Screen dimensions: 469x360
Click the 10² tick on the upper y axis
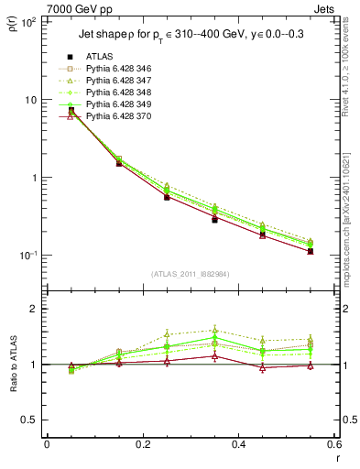(29, 22)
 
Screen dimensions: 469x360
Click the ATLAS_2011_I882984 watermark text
(190, 274)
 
